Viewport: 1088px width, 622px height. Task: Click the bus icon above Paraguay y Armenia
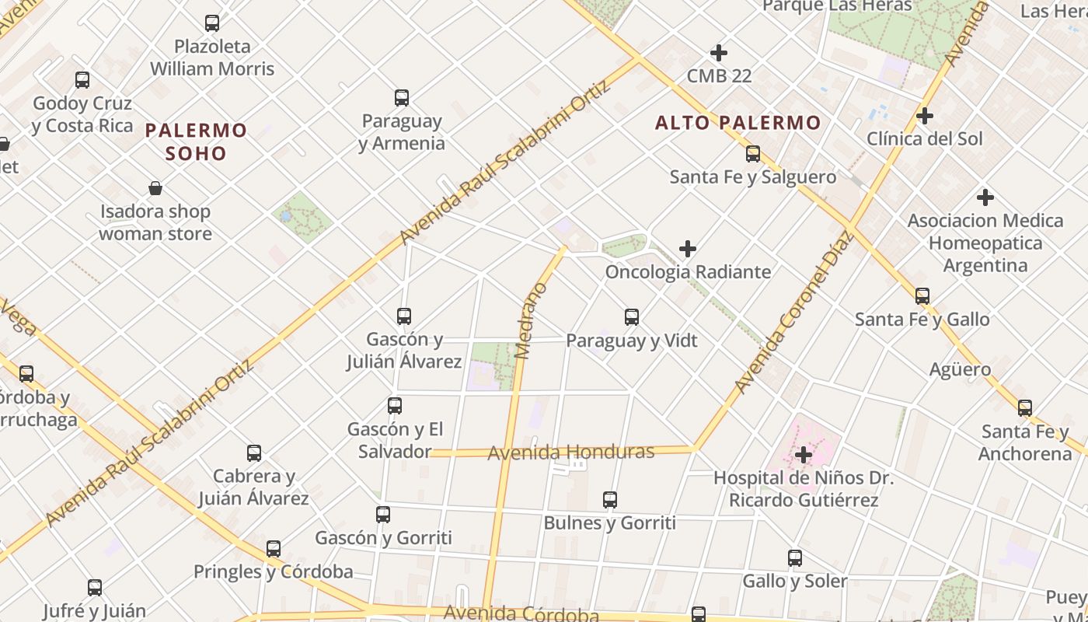pyautogui.click(x=402, y=98)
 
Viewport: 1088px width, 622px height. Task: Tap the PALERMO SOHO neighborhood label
pyautogui.click(x=196, y=141)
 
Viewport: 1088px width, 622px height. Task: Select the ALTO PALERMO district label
pyautogui.click(x=738, y=123)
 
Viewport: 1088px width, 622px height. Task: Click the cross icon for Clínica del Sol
pyautogui.click(x=924, y=116)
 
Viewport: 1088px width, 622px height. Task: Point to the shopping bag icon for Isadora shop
pyautogui.click(x=155, y=188)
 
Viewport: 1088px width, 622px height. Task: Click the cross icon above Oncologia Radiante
pyautogui.click(x=688, y=249)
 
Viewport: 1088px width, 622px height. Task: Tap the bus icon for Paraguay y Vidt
pyautogui.click(x=632, y=317)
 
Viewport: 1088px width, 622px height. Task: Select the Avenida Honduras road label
pyautogui.click(x=570, y=453)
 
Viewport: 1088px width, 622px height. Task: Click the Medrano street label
pyautogui.click(x=531, y=321)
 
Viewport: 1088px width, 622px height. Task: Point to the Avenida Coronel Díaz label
pyautogui.click(x=793, y=312)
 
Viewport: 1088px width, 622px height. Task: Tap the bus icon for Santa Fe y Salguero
pyautogui.click(x=752, y=154)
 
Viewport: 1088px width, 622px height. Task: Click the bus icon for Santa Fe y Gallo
pyautogui.click(x=922, y=296)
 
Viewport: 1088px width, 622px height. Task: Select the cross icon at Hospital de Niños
pyautogui.click(x=804, y=454)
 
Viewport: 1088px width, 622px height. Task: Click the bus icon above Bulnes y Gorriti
pyautogui.click(x=610, y=500)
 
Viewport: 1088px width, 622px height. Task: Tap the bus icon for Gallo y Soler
pyautogui.click(x=794, y=558)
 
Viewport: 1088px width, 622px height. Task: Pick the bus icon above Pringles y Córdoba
pyautogui.click(x=274, y=549)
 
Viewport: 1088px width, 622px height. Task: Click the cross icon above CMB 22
pyautogui.click(x=719, y=53)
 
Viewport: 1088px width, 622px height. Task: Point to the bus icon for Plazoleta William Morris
pyautogui.click(x=212, y=23)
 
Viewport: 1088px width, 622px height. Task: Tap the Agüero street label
pyautogui.click(x=960, y=369)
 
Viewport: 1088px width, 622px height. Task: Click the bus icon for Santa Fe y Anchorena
pyautogui.click(x=1025, y=408)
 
